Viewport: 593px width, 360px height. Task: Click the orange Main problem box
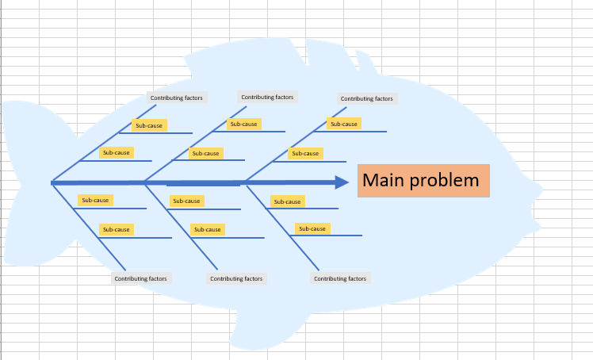pos(423,181)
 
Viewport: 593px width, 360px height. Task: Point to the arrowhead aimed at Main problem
pos(342,182)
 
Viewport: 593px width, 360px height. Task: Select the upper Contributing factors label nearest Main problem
pos(366,99)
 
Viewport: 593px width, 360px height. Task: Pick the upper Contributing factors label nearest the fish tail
pos(177,98)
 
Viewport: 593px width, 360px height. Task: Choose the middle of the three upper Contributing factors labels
pos(267,98)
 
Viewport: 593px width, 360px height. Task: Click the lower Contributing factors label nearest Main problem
pos(340,278)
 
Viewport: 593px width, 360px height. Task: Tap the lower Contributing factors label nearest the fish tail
pos(140,278)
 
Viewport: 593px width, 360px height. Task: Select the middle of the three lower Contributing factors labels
pos(236,278)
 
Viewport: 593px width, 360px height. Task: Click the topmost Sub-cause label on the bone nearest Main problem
pos(343,124)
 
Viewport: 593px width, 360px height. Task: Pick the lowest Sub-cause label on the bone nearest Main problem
pos(312,228)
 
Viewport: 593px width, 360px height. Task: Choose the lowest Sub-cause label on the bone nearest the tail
pos(116,229)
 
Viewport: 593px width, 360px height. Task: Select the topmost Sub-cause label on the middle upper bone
pos(243,124)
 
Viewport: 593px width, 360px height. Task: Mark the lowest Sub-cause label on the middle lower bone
pos(208,229)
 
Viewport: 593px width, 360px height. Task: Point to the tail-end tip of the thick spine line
pos(52,183)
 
